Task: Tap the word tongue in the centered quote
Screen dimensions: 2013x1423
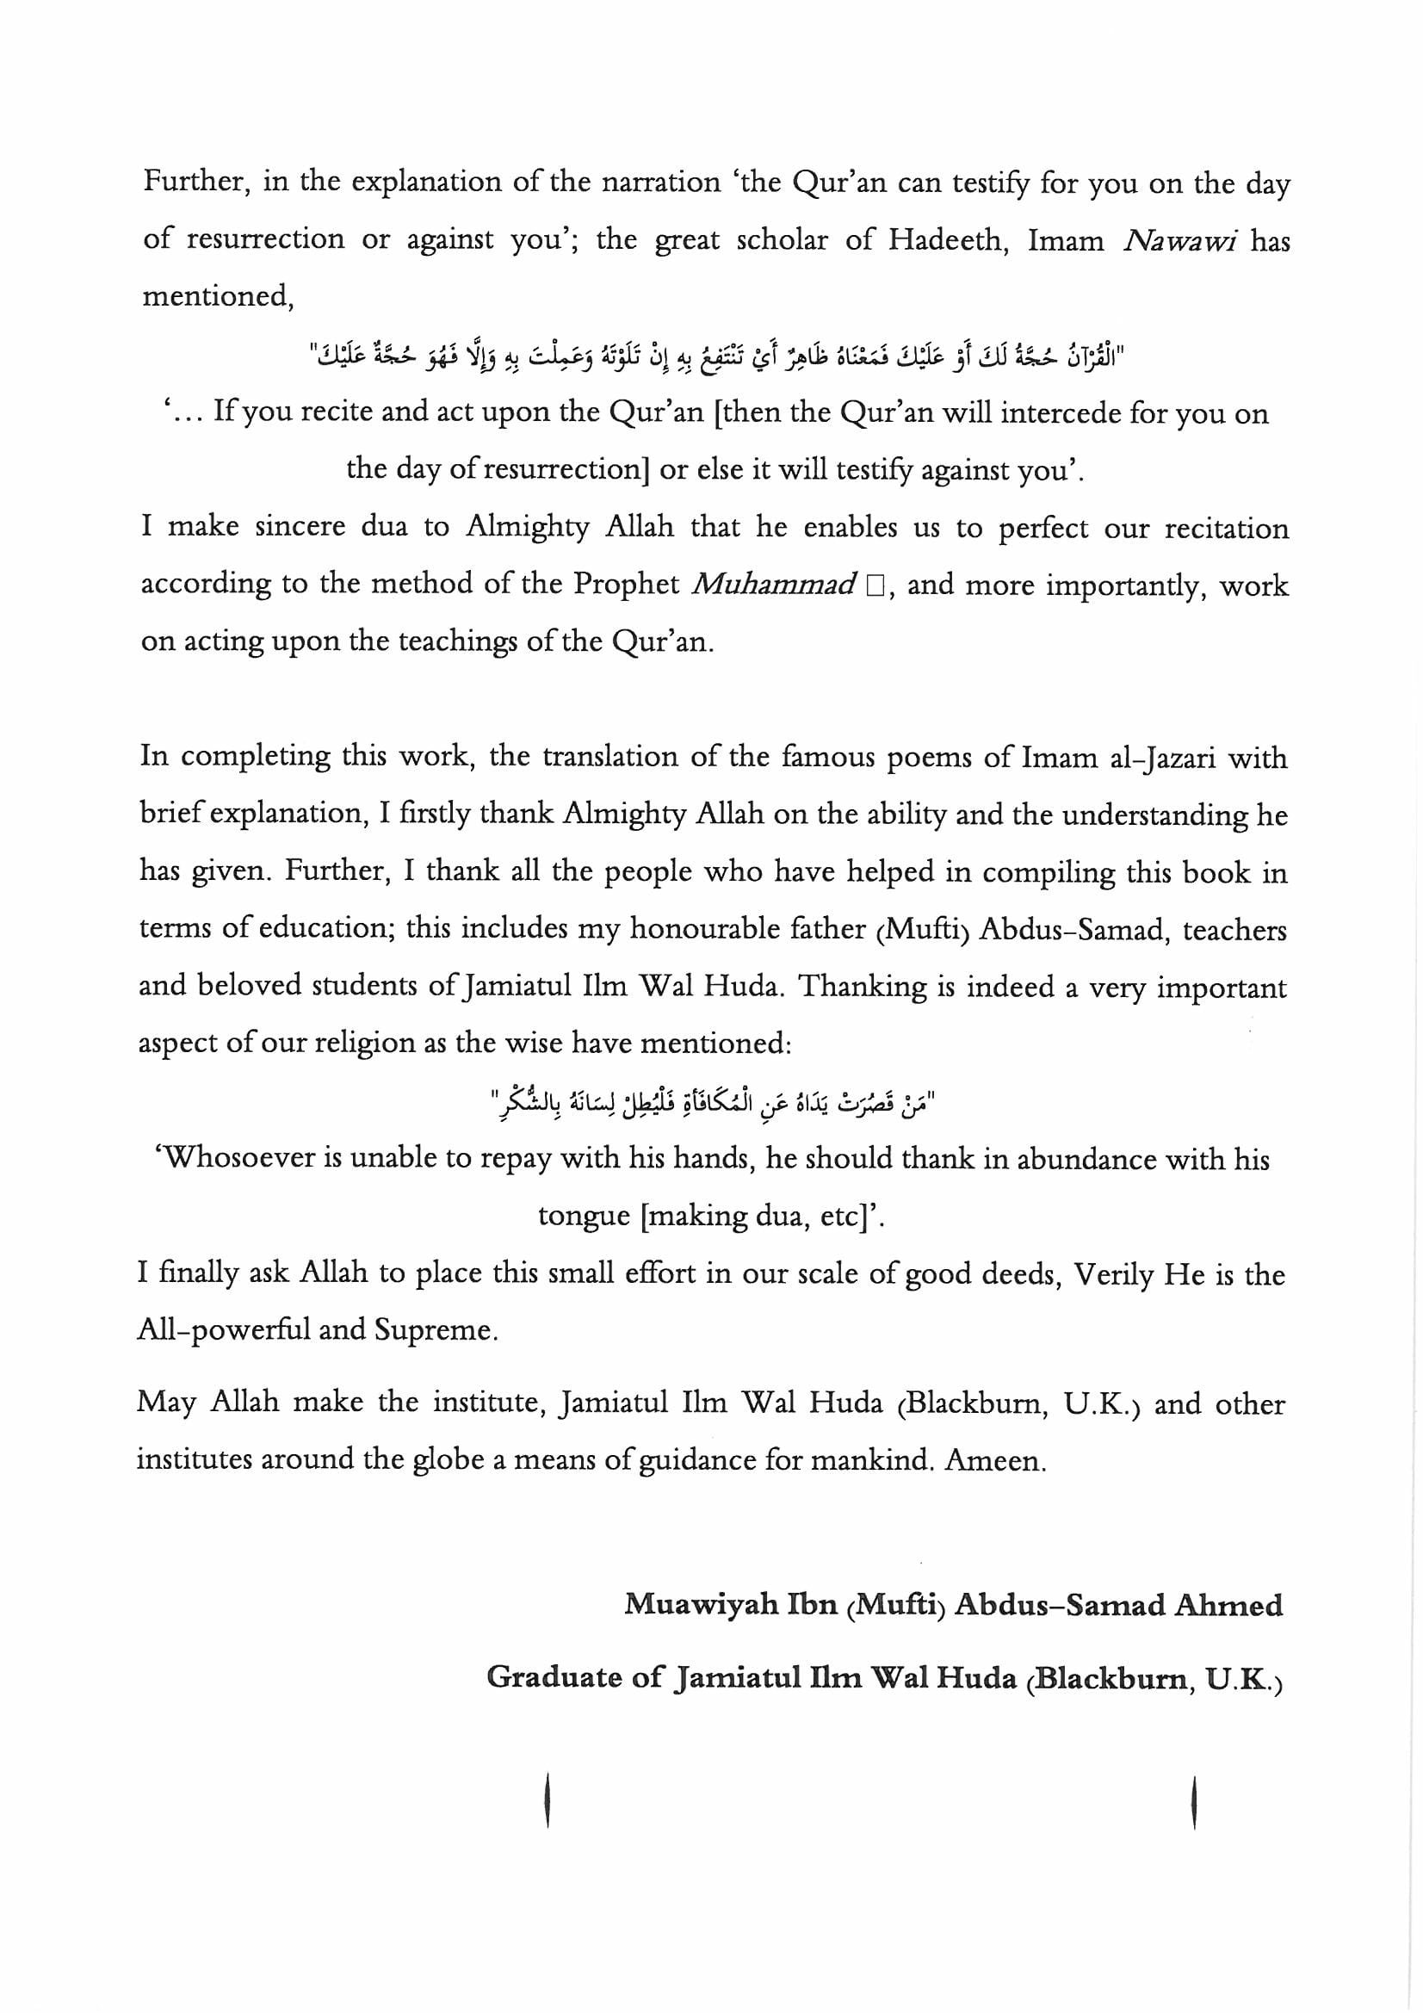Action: [x=584, y=1216]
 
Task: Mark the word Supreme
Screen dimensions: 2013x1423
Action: [x=436, y=1331]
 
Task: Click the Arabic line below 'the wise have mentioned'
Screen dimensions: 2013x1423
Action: [x=714, y=1101]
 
